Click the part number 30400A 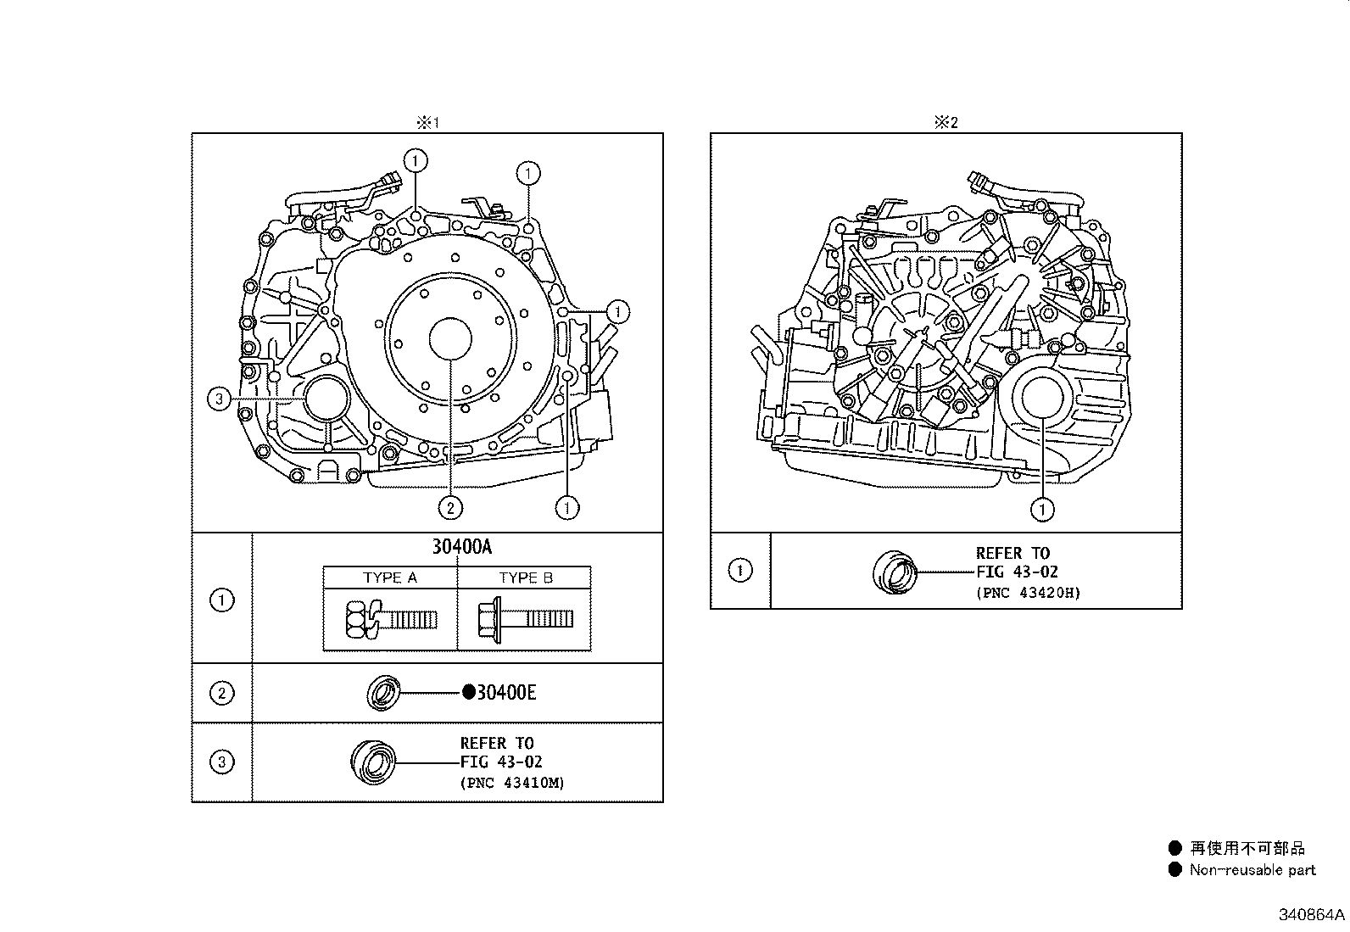click(x=461, y=547)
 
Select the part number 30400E click(x=505, y=693)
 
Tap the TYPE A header click(x=390, y=578)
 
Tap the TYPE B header click(x=526, y=578)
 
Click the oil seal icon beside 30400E click(x=382, y=693)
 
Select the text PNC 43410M click(x=513, y=782)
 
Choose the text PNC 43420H click(x=1029, y=593)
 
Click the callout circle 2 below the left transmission click(x=450, y=508)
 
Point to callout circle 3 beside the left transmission click(x=220, y=399)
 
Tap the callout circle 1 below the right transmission click(x=1042, y=510)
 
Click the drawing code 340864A click(x=1312, y=915)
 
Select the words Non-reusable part click(x=1252, y=869)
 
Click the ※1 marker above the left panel click(x=427, y=122)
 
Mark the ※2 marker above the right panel click(x=946, y=122)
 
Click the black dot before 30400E click(x=468, y=692)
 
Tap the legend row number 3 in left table click(x=221, y=762)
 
